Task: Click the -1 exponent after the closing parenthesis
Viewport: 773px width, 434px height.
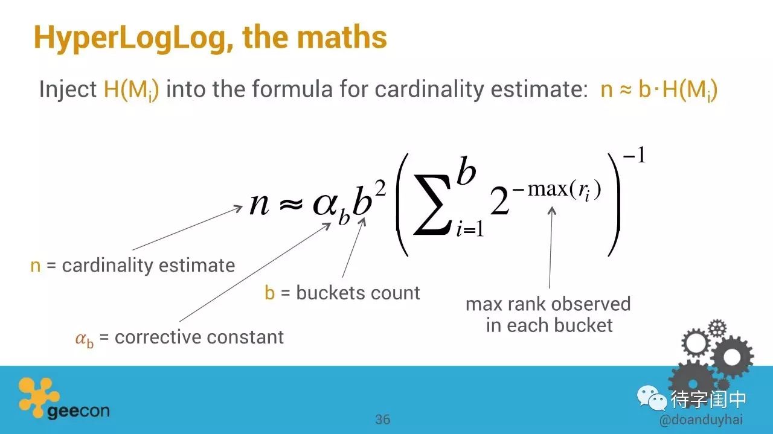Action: pos(634,155)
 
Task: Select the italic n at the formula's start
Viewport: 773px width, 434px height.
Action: pos(259,204)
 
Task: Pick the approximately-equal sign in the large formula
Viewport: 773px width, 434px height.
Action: pos(290,205)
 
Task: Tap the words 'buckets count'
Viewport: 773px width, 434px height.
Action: pos(358,293)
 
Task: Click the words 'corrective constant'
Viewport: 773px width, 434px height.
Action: pos(199,337)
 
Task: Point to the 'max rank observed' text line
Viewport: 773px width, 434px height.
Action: pos(548,304)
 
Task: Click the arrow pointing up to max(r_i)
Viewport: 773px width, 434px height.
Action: pos(551,247)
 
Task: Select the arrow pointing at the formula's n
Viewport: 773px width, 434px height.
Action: pos(188,228)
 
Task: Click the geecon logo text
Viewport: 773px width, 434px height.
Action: pos(79,411)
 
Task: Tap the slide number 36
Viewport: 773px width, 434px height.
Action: pos(383,420)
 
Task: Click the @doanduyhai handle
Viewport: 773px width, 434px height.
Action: pos(701,420)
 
